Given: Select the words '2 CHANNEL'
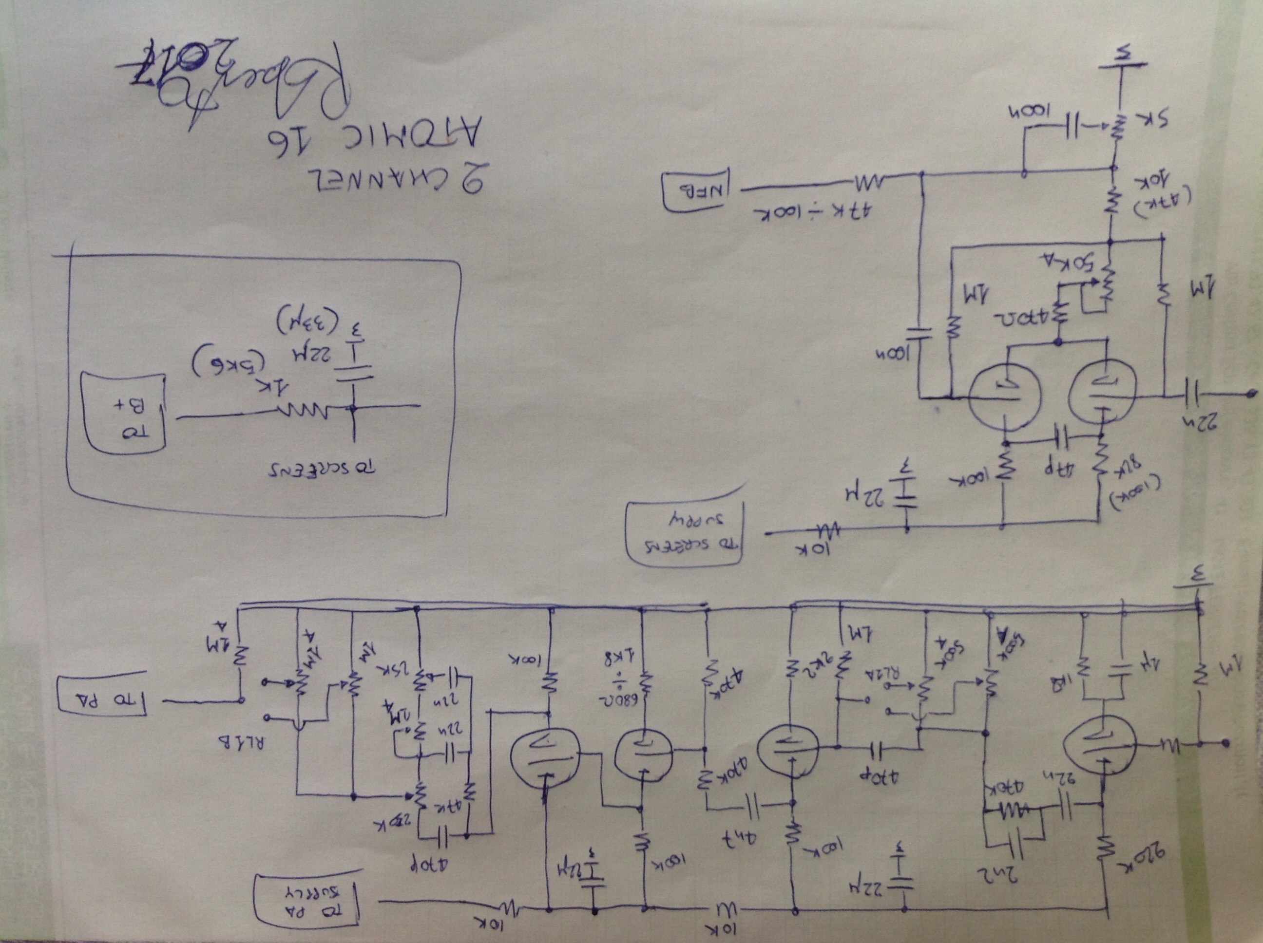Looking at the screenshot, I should [x=394, y=182].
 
